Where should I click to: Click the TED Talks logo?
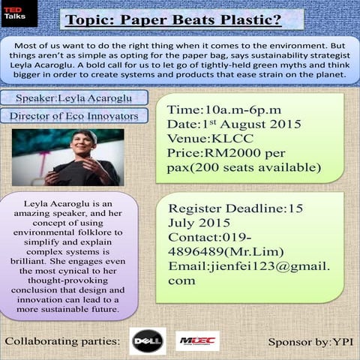click(13, 13)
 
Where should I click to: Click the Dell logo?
click(147, 340)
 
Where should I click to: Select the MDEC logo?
click(198, 341)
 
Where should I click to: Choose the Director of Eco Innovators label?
click(74, 116)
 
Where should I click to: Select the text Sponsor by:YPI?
click(310, 342)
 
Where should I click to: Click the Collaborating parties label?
click(62, 342)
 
